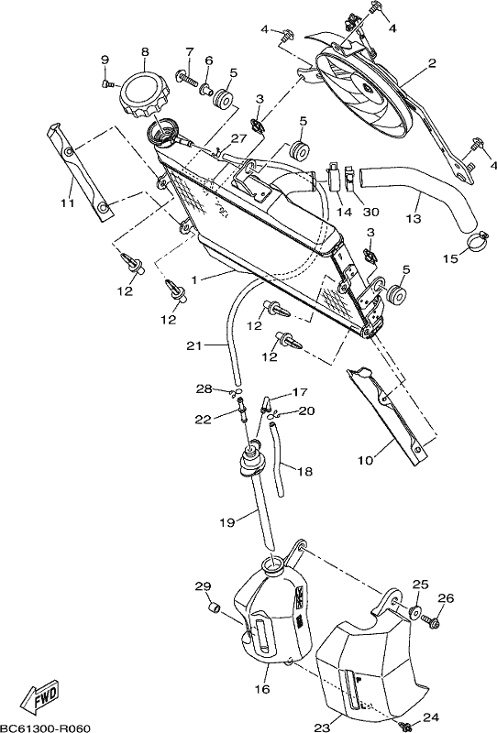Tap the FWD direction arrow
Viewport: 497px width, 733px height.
pyautogui.click(x=41, y=693)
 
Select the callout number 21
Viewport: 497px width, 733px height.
pyautogui.click(x=194, y=346)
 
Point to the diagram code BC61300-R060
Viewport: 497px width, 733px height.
pyautogui.click(x=46, y=728)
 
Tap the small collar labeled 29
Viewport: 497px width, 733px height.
pyautogui.click(x=215, y=608)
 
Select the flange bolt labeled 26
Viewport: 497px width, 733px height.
pyautogui.click(x=431, y=621)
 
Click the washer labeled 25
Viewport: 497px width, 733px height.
pyautogui.click(x=415, y=612)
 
